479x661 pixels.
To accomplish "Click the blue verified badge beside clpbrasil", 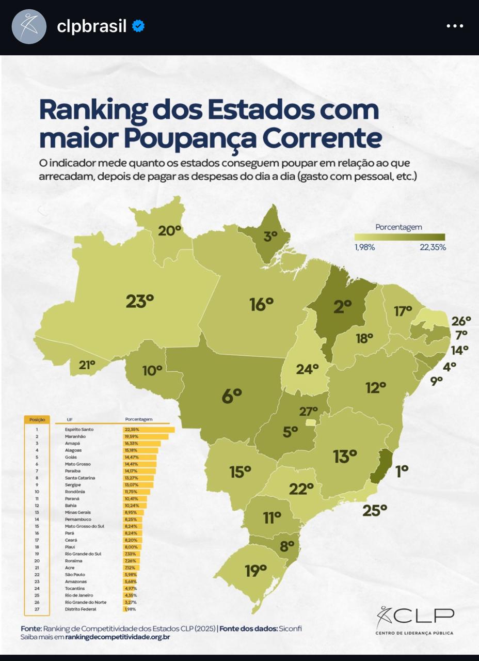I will pyautogui.click(x=138, y=26).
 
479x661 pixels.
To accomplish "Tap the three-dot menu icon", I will pyautogui.click(x=455, y=26).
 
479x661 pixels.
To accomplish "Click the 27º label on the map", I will pyautogui.click(x=308, y=412).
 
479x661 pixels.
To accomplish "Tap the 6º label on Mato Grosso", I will pyautogui.click(x=232, y=396).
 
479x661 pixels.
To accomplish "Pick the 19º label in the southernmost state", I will pyautogui.click(x=256, y=570).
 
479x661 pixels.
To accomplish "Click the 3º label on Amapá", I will pyautogui.click(x=271, y=237).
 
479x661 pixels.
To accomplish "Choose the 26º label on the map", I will pyautogui.click(x=461, y=321).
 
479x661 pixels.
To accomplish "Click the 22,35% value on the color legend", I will pyautogui.click(x=433, y=247).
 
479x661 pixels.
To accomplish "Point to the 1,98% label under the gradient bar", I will pyautogui.click(x=364, y=247).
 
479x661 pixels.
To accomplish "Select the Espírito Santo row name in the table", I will pyautogui.click(x=79, y=430).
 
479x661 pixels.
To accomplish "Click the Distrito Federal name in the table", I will pyautogui.click(x=81, y=609).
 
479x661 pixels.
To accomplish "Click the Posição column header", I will pyautogui.click(x=37, y=420).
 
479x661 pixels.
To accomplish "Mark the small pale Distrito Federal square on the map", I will pyautogui.click(x=310, y=422).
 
